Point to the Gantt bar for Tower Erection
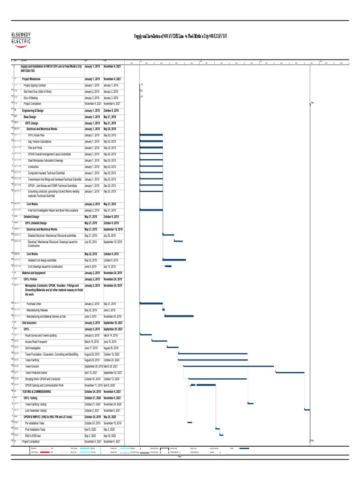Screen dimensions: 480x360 [229, 366]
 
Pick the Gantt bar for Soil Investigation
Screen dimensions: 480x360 [172, 347]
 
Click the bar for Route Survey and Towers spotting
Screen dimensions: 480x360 [145, 335]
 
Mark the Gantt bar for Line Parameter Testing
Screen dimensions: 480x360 [307, 410]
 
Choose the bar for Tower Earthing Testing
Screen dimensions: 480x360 [250, 404]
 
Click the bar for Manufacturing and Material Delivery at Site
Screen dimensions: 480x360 [179, 316]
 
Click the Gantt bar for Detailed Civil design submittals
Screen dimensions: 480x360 [174, 260]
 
